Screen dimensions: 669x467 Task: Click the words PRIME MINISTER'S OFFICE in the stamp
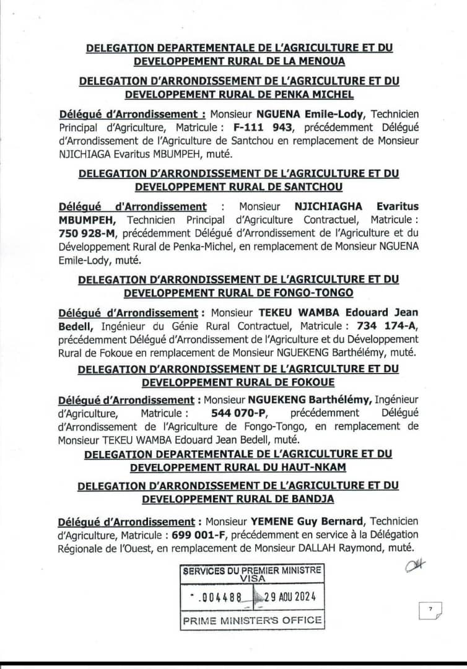point(252,620)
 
